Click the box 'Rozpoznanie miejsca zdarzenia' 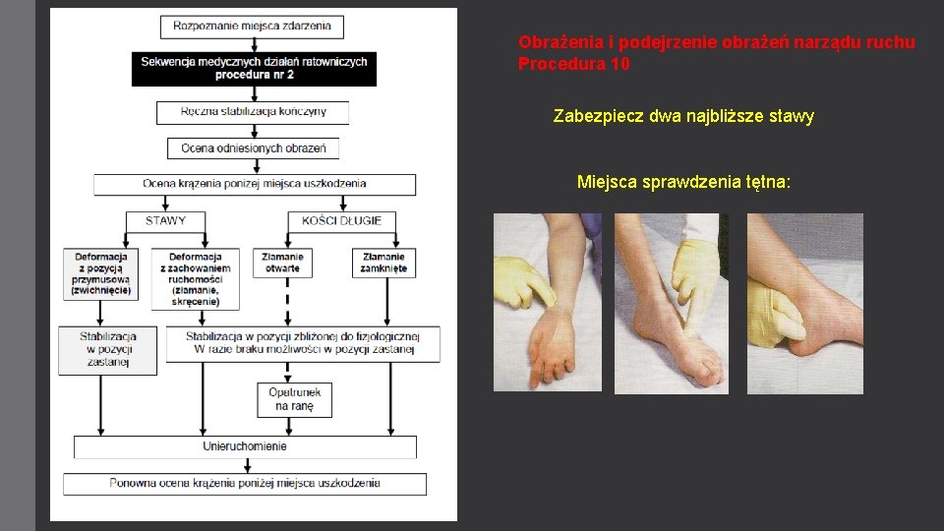252,27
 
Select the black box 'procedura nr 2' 254,68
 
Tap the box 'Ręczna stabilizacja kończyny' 253,112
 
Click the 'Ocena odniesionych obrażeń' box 254,148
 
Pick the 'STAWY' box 165,220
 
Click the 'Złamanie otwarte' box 283,263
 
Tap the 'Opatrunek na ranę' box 294,399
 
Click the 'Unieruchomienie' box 245,446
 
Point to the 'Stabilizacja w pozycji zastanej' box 107,349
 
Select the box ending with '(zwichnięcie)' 102,273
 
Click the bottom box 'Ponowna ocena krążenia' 245,483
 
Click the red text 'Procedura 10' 573,65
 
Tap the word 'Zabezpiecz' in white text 592,117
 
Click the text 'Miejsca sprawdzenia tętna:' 683,182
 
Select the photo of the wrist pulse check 548,303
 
